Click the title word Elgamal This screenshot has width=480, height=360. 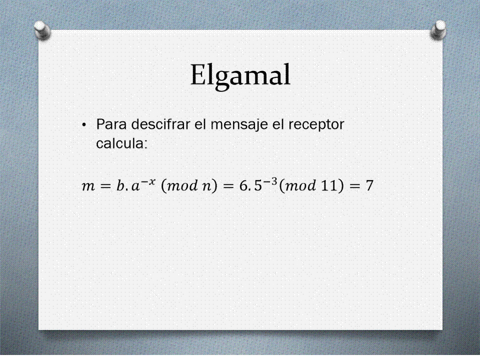240,75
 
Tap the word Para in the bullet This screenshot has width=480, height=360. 111,124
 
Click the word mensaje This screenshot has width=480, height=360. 239,125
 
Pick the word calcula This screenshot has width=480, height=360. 121,143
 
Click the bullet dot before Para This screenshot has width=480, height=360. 84,125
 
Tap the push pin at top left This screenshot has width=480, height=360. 42,30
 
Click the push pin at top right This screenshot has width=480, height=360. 438,30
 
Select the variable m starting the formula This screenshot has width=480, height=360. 88,186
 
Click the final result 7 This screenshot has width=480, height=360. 369,185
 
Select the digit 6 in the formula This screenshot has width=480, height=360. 243,185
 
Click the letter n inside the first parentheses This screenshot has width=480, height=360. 205,186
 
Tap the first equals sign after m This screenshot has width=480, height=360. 105,186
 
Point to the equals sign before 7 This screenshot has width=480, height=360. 354,186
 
